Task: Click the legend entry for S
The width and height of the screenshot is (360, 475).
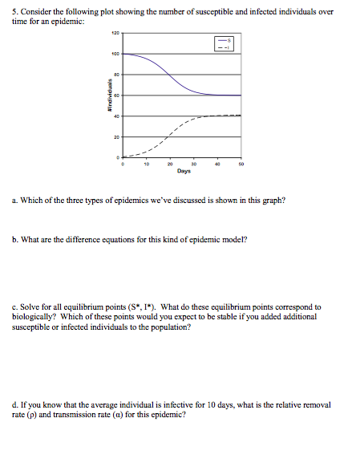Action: [225, 40]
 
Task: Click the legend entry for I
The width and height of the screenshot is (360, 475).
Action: [225, 47]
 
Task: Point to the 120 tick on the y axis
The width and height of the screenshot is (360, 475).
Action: [115, 35]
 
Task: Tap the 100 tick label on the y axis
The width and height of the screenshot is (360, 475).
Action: [115, 55]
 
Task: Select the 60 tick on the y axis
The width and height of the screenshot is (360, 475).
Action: [117, 95]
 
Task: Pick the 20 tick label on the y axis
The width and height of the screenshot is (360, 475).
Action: [117, 136]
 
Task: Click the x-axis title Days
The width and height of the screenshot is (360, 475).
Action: [184, 171]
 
